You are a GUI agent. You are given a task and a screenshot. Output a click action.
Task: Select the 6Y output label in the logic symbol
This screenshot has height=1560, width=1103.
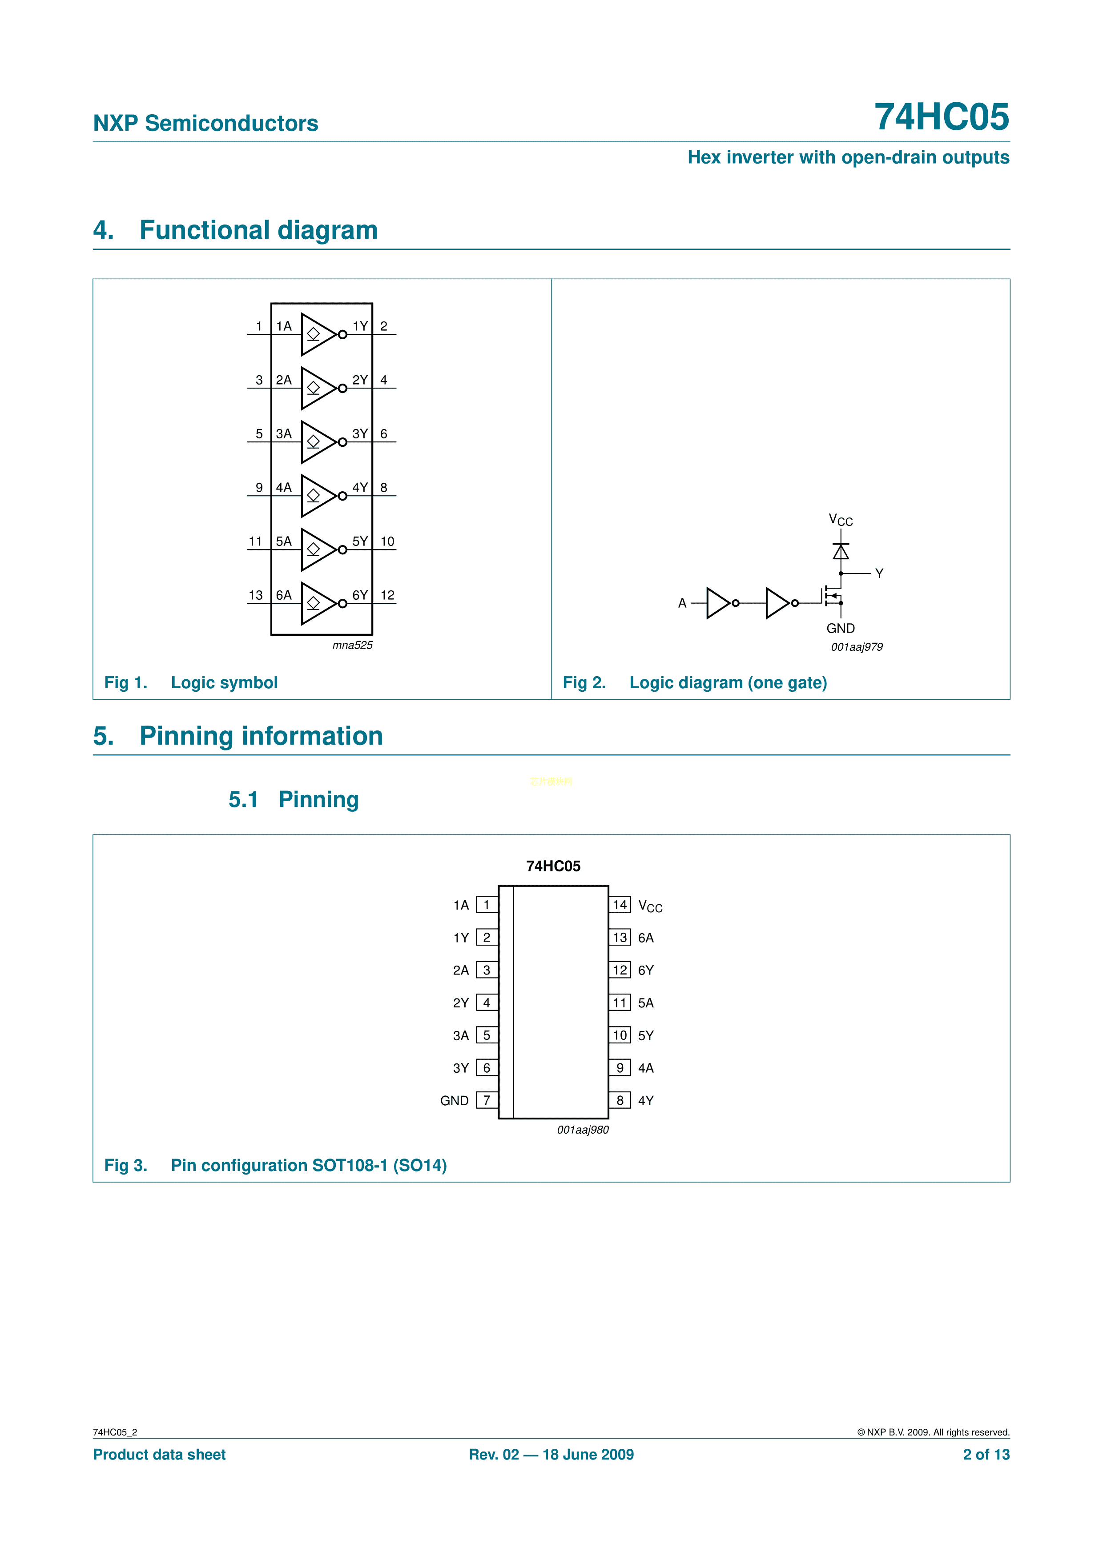[359, 595]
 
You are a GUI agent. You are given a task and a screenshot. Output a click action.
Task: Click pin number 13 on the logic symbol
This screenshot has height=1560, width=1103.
[256, 595]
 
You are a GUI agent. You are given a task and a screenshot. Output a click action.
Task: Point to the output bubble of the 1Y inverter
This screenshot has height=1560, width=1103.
[342, 334]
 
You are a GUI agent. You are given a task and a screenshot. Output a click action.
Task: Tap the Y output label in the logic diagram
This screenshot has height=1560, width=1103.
[879, 573]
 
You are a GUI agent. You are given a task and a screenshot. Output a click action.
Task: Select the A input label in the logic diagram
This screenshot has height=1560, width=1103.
[682, 603]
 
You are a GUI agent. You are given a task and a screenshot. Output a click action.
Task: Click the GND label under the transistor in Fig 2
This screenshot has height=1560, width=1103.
[840, 629]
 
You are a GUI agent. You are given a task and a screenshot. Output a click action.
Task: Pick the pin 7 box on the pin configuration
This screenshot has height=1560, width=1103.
[487, 1100]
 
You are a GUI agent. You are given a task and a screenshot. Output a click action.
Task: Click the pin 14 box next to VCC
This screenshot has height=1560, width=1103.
[620, 904]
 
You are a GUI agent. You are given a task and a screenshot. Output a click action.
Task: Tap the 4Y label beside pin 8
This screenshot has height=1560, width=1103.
[646, 1100]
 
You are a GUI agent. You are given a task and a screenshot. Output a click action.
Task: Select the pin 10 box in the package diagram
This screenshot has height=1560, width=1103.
[620, 1035]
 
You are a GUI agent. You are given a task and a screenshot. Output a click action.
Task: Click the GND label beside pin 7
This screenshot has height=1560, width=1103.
[454, 1100]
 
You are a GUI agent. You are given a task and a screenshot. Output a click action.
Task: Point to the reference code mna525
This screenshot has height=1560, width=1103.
[352, 645]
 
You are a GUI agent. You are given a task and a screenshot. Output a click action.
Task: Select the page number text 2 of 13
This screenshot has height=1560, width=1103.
[986, 1454]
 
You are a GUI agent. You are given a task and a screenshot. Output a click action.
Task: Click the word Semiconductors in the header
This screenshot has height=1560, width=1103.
[231, 123]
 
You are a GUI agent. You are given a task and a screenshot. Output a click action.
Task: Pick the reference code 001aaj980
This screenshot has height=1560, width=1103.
[583, 1129]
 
